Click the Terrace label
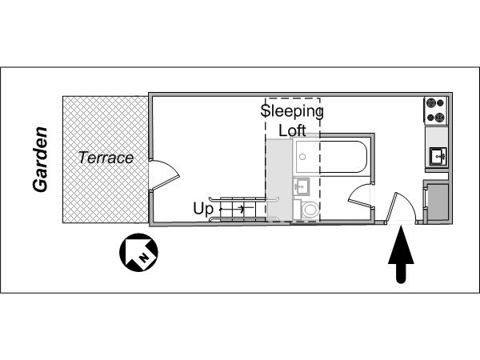pyautogui.click(x=106, y=158)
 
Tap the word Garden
pyautogui.click(x=41, y=159)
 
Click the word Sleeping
pyautogui.click(x=292, y=111)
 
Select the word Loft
pyautogui.click(x=292, y=130)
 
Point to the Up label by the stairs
pyautogui.click(x=203, y=210)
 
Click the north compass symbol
pyautogui.click(x=138, y=252)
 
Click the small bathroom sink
pyautogui.click(x=302, y=186)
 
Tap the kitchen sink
pyautogui.click(x=438, y=156)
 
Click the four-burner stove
pyautogui.click(x=436, y=110)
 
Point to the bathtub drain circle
pyautogui.click(x=302, y=157)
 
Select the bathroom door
pyautogui.click(x=362, y=196)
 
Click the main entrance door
pyautogui.click(x=402, y=207)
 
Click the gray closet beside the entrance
pyautogui.click(x=438, y=202)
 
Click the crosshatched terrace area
pyautogui.click(x=106, y=159)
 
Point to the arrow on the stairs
pyautogui.click(x=233, y=209)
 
